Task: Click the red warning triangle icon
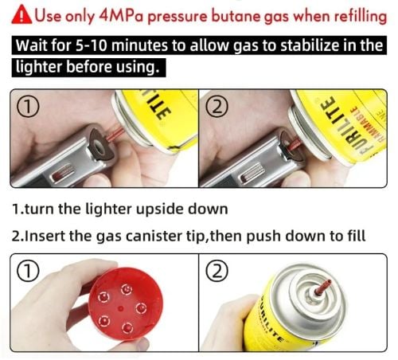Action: (22, 14)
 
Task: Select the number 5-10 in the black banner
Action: (92, 45)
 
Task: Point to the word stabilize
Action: (310, 45)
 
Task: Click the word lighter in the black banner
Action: (39, 67)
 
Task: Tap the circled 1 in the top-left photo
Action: (28, 106)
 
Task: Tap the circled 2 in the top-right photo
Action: (217, 107)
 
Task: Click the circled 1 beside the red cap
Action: (28, 272)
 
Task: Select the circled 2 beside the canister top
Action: (217, 271)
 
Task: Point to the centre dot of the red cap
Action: (120, 308)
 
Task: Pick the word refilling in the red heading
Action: (360, 17)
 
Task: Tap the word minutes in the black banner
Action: (140, 45)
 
